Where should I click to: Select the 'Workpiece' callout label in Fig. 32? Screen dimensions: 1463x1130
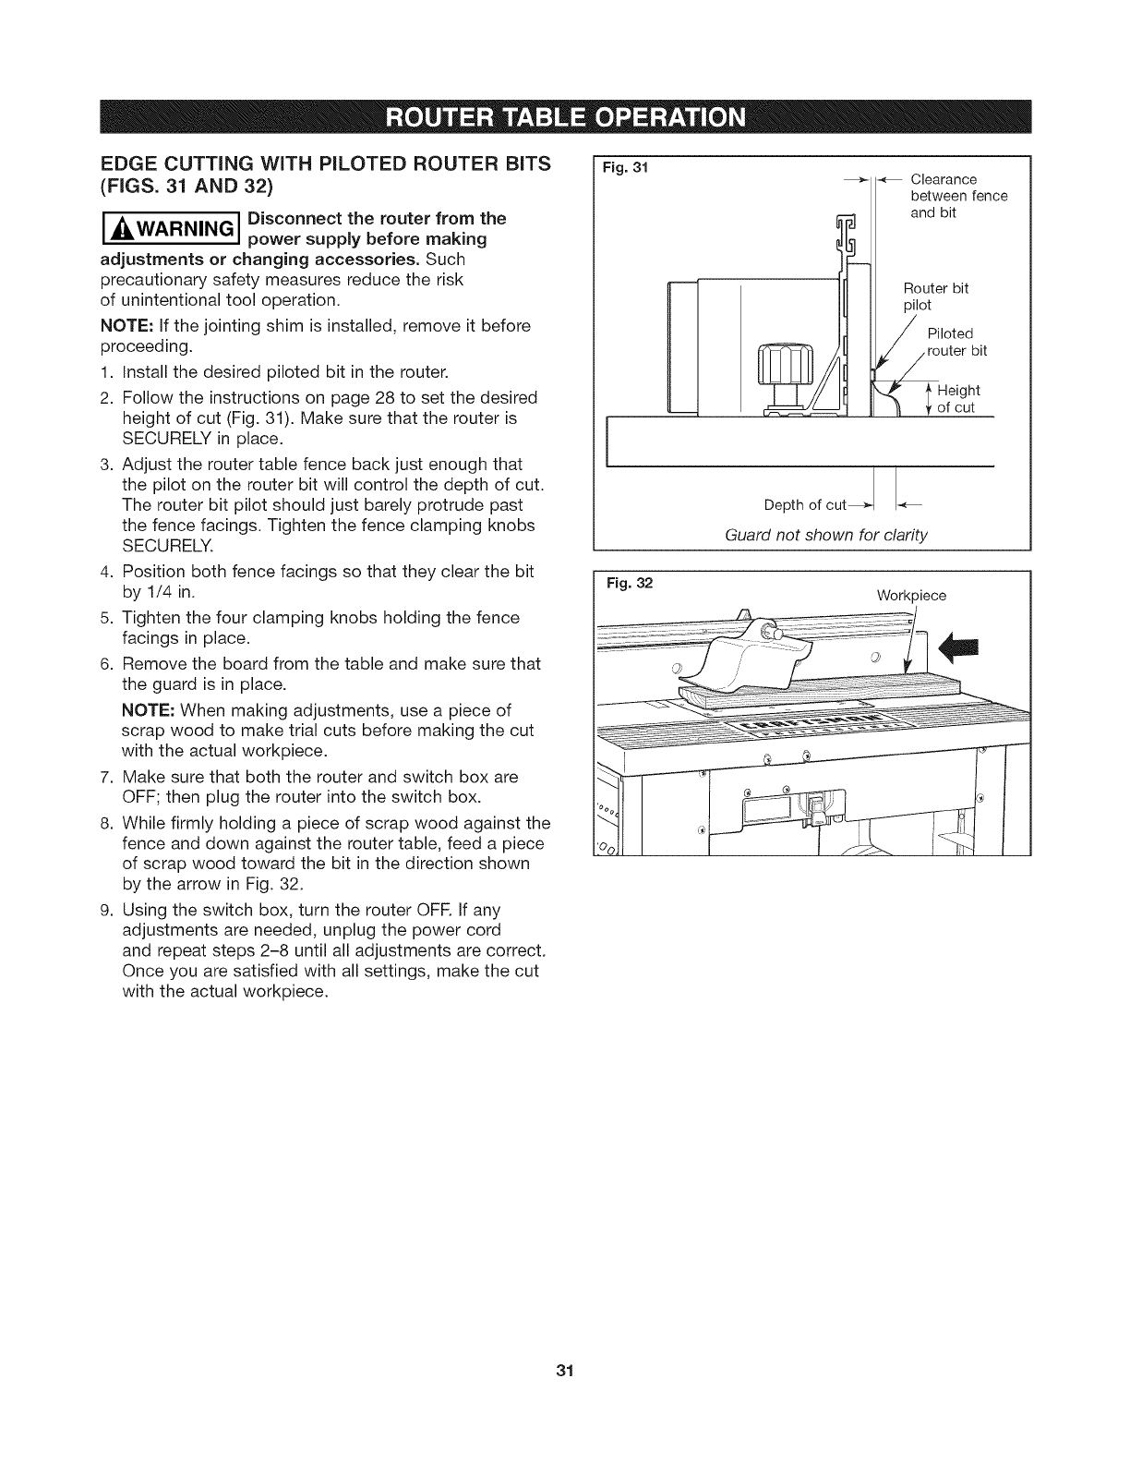pyautogui.click(x=910, y=596)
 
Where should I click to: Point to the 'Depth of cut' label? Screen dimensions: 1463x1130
pyautogui.click(x=805, y=504)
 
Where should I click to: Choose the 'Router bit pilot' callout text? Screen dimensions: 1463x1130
pyautogui.click(x=934, y=296)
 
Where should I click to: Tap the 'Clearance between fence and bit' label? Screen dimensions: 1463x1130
pyautogui.click(x=957, y=196)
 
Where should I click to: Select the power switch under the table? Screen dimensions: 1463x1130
pyautogui.click(x=817, y=810)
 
